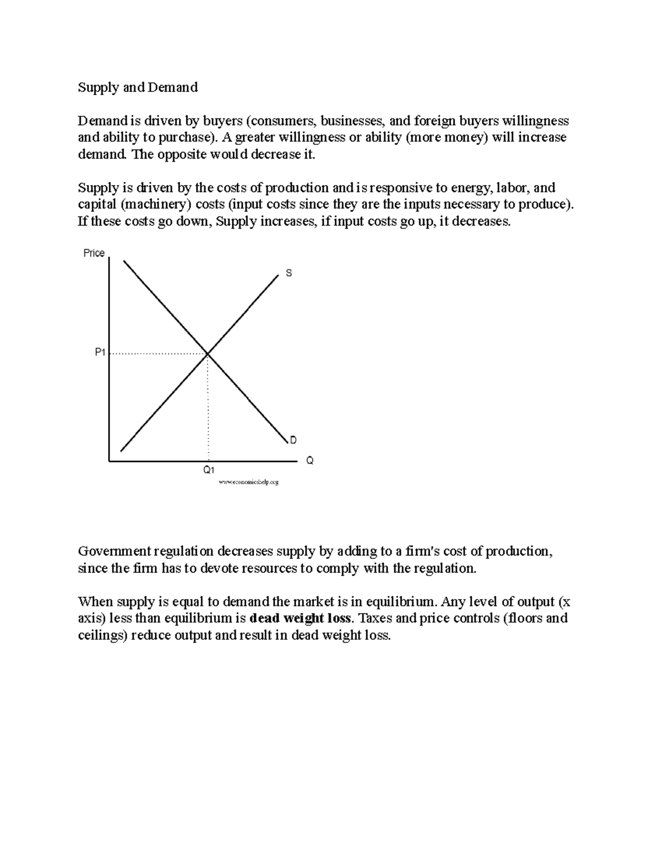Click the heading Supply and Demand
pos(137,88)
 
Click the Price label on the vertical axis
pos(94,253)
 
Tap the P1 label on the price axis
pos(100,352)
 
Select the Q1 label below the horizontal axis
pos(209,470)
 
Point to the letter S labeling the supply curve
pos(289,273)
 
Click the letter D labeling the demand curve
pos(293,440)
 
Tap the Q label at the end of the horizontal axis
pos(309,460)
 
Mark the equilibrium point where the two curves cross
pos(207,354)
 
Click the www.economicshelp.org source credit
pos(249,482)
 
